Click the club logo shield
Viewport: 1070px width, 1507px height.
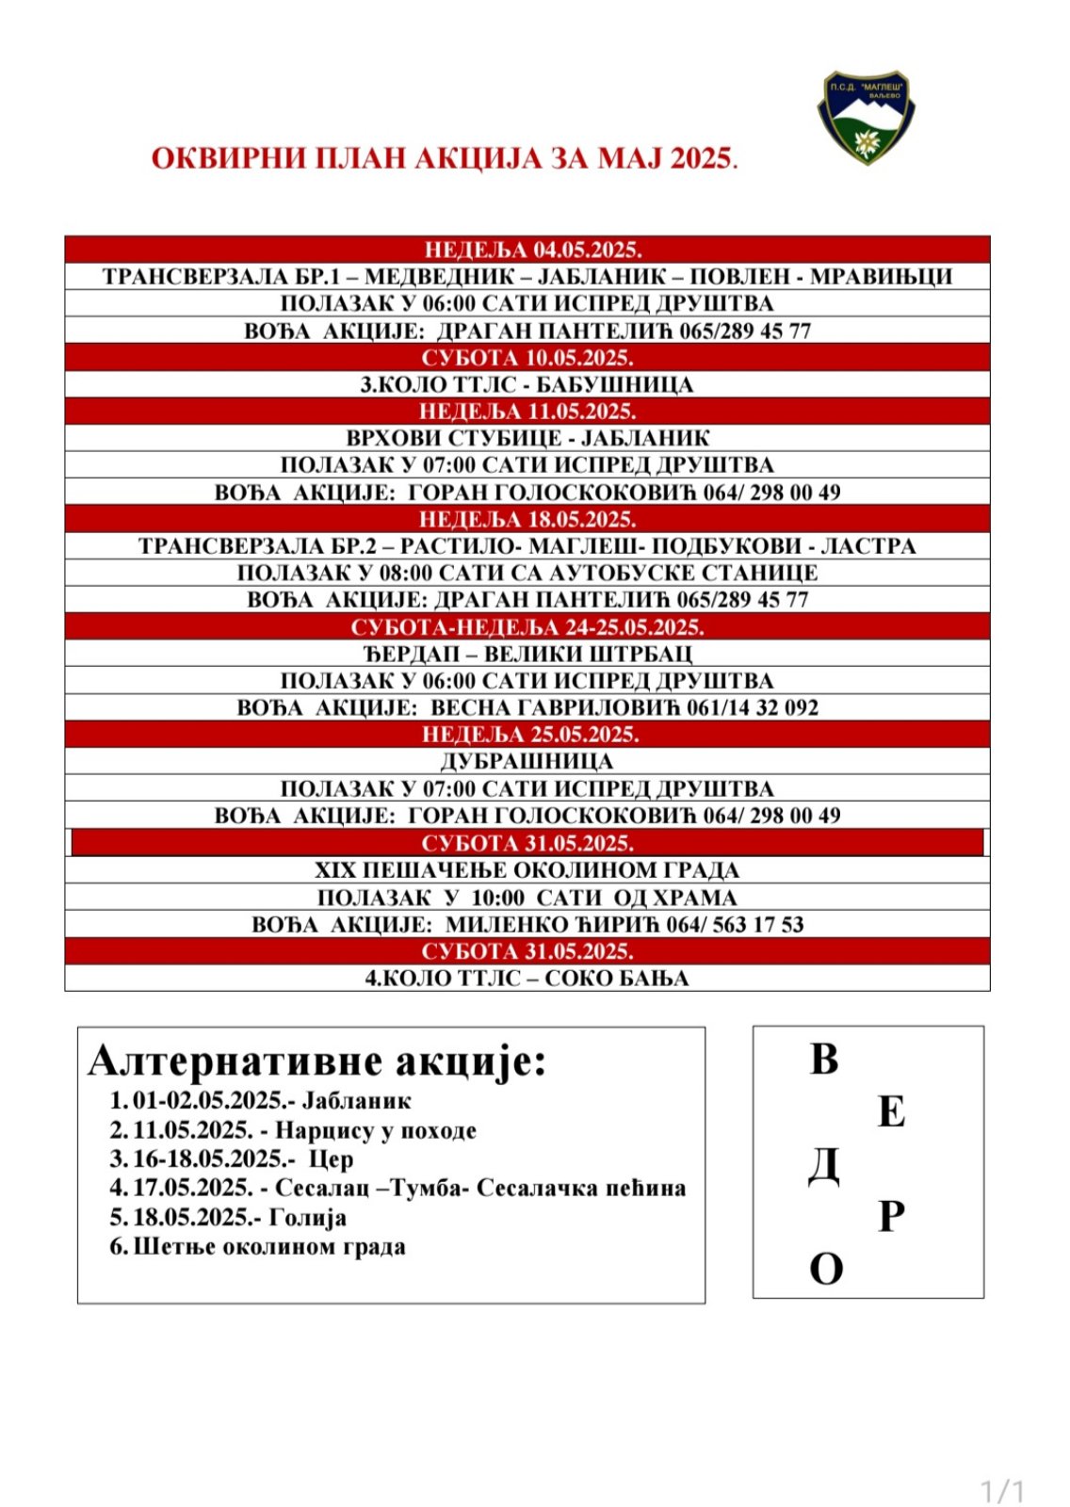coord(864,118)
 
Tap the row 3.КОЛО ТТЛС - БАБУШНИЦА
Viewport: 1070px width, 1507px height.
coord(527,384)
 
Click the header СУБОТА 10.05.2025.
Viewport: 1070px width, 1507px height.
coord(527,358)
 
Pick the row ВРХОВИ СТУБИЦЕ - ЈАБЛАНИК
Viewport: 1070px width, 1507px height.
coord(527,438)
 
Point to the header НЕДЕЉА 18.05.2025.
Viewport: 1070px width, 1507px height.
coord(527,519)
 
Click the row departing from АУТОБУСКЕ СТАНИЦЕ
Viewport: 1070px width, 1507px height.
coord(527,573)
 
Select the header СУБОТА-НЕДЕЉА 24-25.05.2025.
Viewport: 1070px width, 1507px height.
coord(527,627)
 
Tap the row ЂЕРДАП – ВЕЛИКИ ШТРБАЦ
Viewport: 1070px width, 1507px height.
coord(527,654)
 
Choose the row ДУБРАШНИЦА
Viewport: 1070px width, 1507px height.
coord(527,761)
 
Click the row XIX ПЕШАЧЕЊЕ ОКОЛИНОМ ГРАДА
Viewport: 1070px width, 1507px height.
coord(527,869)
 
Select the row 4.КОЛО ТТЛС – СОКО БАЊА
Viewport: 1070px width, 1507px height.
coord(527,978)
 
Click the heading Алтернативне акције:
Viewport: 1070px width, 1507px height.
coord(316,1061)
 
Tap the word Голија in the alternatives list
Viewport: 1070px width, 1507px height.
coord(308,1217)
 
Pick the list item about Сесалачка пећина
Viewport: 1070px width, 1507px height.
coord(409,1188)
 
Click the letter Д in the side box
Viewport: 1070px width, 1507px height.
coord(824,1166)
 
